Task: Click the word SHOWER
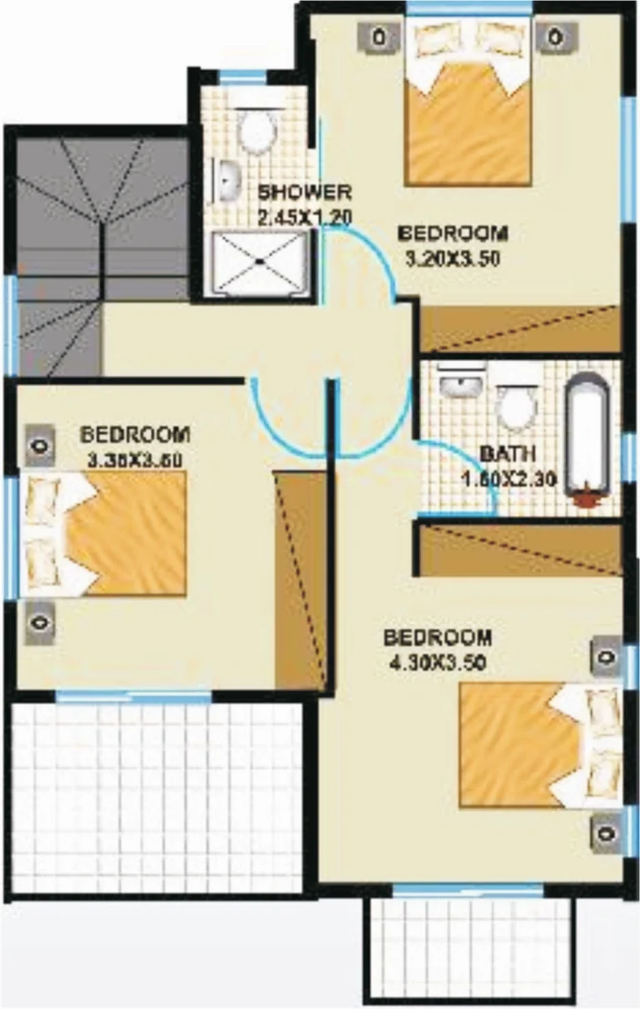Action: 304,193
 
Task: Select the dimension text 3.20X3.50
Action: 452,259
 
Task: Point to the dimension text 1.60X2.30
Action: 509,479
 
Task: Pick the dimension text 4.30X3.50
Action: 437,664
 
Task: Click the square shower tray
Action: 259,262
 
